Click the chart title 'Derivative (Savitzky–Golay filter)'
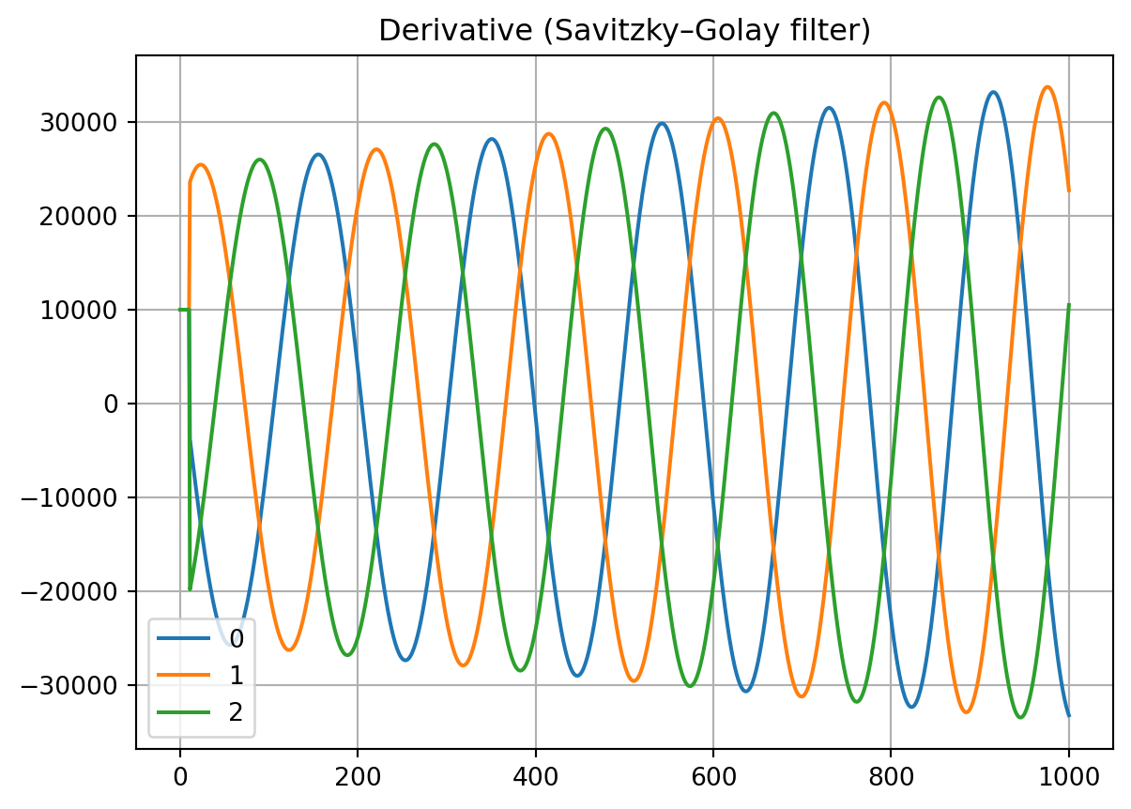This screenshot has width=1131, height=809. tap(624, 31)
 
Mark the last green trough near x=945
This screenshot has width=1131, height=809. tap(1020, 718)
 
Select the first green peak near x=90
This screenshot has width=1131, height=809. tap(260, 160)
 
